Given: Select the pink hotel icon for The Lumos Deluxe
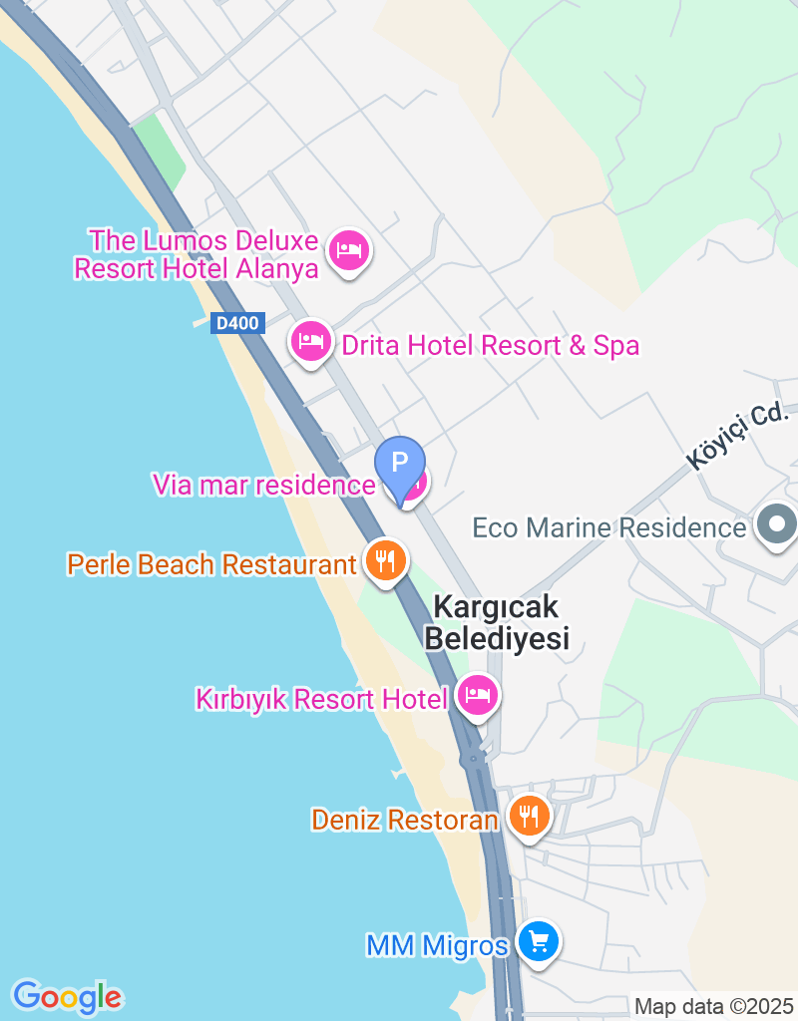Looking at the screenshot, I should (348, 249).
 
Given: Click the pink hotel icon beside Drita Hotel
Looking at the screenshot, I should (311, 342).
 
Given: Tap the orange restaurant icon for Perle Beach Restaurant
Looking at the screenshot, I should (384, 560).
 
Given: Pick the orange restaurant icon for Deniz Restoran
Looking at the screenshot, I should (528, 816).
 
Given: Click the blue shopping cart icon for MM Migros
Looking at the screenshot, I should (538, 941).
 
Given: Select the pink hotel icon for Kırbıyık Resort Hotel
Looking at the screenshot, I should (478, 695).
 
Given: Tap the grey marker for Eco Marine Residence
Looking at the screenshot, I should (776, 524).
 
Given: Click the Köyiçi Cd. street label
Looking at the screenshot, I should (738, 436).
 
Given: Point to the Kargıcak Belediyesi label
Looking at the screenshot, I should (497, 622).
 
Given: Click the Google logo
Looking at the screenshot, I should (67, 996).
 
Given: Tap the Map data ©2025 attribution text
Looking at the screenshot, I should (713, 1006).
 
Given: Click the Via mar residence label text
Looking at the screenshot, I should (263, 486).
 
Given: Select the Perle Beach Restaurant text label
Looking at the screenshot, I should (210, 564).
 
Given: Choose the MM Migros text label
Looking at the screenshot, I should (437, 945).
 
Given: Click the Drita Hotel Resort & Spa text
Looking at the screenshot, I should (490, 346).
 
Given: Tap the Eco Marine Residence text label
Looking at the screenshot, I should (608, 526).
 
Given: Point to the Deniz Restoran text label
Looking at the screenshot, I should (404, 820).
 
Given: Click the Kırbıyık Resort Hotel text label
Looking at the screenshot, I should (321, 699).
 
